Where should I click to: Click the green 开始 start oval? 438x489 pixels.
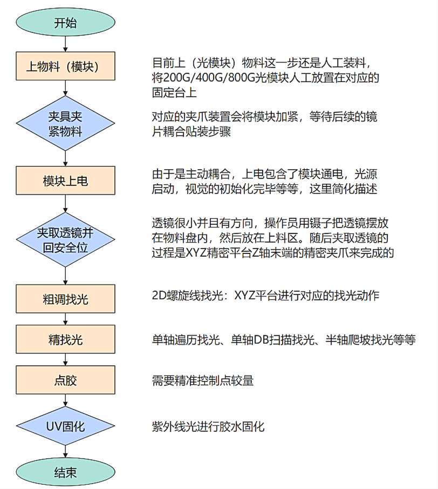(x=65, y=23)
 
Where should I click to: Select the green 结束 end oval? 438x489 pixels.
(x=65, y=472)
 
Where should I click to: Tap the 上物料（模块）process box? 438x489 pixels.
(x=65, y=66)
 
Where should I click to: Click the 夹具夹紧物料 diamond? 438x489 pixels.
(x=65, y=124)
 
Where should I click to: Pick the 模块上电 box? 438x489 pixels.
(x=65, y=181)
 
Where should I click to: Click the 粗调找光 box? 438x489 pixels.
(x=65, y=299)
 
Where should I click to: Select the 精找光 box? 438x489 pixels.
(x=65, y=340)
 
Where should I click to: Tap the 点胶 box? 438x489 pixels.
(x=65, y=380)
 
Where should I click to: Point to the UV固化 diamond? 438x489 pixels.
(x=65, y=426)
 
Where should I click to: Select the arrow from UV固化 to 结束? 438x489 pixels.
(x=65, y=452)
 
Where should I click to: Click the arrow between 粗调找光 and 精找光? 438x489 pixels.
(x=65, y=319)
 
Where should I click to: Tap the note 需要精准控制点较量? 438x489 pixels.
(x=203, y=380)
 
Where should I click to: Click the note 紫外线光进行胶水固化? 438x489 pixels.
(x=208, y=426)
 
